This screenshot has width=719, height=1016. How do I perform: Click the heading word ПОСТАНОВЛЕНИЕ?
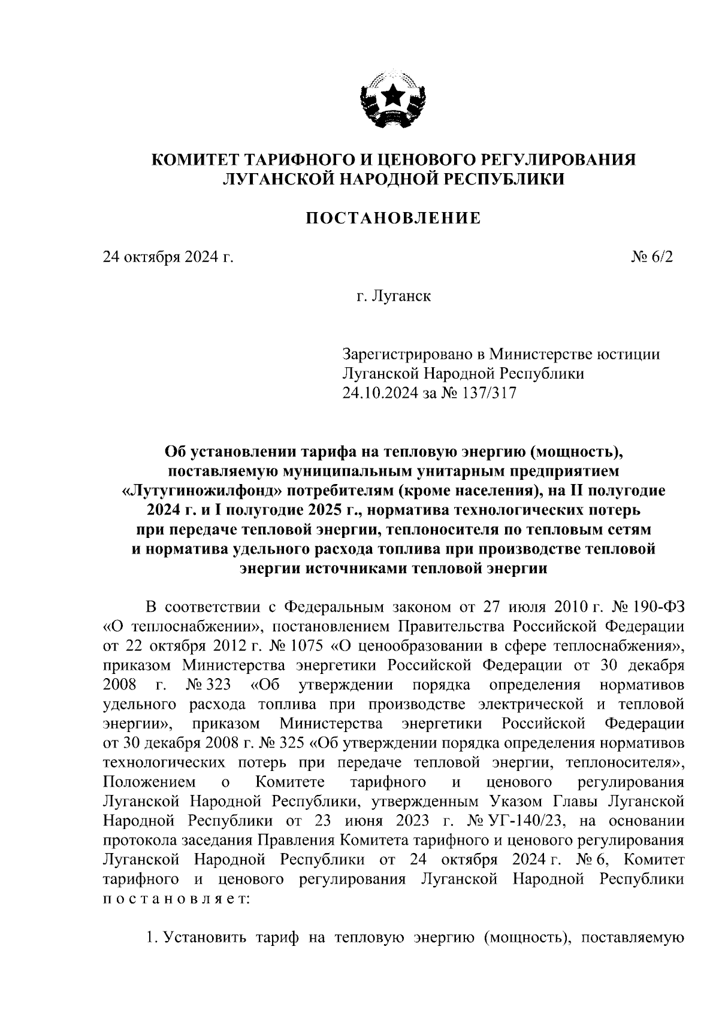(x=394, y=218)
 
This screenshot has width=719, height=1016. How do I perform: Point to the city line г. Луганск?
(x=394, y=297)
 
